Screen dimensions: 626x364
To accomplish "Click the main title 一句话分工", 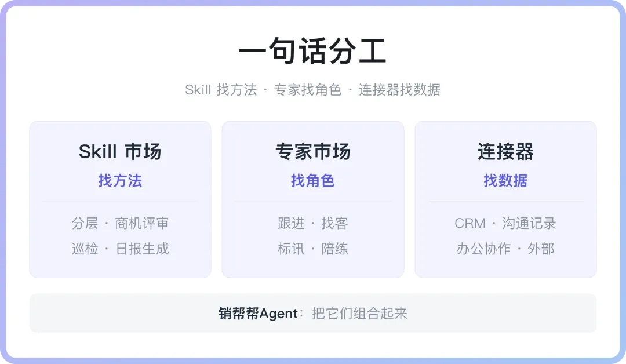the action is pyautogui.click(x=312, y=50).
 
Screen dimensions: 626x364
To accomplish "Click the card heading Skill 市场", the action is pyautogui.click(x=120, y=152).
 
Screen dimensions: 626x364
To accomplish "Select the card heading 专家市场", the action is pyautogui.click(x=312, y=152).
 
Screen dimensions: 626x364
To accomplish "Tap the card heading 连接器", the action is pyautogui.click(x=505, y=152).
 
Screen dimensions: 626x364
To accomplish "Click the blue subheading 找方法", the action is pyautogui.click(x=120, y=181).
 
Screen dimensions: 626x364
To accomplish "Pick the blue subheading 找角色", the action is pyautogui.click(x=312, y=181).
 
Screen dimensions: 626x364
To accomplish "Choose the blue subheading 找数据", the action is pyautogui.click(x=505, y=181).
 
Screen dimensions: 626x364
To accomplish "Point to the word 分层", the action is pyautogui.click(x=85, y=223).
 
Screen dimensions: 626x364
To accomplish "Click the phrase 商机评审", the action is pyautogui.click(x=142, y=223).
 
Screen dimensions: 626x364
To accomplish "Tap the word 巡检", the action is pyautogui.click(x=85, y=249).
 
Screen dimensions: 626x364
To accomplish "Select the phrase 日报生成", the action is pyautogui.click(x=142, y=249).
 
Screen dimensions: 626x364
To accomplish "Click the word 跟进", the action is pyautogui.click(x=291, y=223).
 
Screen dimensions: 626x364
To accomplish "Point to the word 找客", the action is pyautogui.click(x=334, y=223).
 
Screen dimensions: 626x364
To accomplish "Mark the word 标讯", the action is pyautogui.click(x=291, y=249).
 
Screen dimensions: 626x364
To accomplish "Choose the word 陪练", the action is pyautogui.click(x=334, y=249).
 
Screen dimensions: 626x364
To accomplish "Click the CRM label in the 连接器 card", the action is pyautogui.click(x=470, y=224).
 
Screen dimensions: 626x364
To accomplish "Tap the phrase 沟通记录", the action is pyautogui.click(x=529, y=223).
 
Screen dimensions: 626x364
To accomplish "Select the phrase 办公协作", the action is pyautogui.click(x=483, y=249).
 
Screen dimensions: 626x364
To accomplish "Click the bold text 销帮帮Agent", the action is pyautogui.click(x=259, y=314).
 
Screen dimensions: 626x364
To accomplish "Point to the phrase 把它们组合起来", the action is pyautogui.click(x=359, y=314).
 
